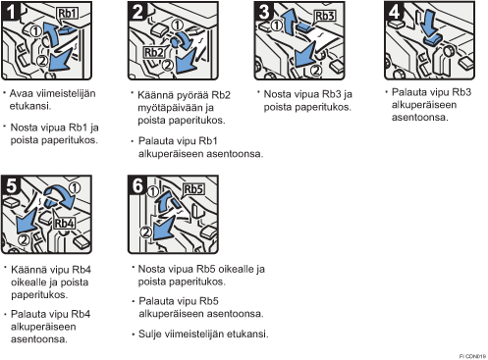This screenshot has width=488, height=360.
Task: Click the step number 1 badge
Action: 11,12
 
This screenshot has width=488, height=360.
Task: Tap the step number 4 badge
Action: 394,12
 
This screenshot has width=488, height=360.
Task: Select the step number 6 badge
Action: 137,185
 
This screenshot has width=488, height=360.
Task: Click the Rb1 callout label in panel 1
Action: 68,14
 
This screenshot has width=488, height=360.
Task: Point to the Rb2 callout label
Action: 154,52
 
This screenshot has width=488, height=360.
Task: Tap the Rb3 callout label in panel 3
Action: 325,16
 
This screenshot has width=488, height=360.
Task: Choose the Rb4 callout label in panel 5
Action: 64,224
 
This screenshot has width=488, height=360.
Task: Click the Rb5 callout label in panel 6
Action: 193,189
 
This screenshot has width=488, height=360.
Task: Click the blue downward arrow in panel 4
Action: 429,23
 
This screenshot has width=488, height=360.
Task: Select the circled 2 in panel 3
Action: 315,71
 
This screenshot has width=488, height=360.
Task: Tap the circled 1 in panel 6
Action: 153,192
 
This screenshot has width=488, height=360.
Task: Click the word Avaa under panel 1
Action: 22,93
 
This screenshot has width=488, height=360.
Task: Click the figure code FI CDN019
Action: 472,356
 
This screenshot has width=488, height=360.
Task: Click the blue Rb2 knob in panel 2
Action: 175,41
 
